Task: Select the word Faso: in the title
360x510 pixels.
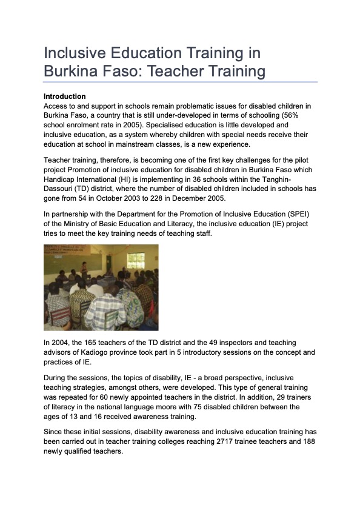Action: [x=127, y=72]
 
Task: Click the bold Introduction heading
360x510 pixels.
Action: [x=65, y=96]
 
